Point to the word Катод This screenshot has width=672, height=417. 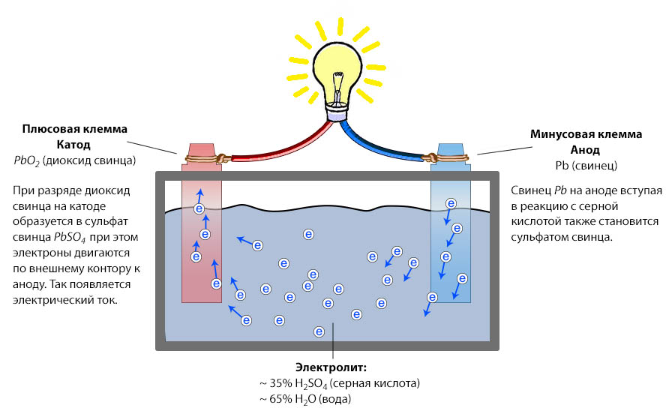pyautogui.click(x=73, y=145)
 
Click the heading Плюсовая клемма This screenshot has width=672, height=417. pyautogui.click(x=73, y=129)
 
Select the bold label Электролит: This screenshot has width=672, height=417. pyautogui.click(x=330, y=367)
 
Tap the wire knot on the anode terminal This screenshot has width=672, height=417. pyautogui.click(x=432, y=158)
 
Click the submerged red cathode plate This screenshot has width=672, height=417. pyautogui.click(x=201, y=262)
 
